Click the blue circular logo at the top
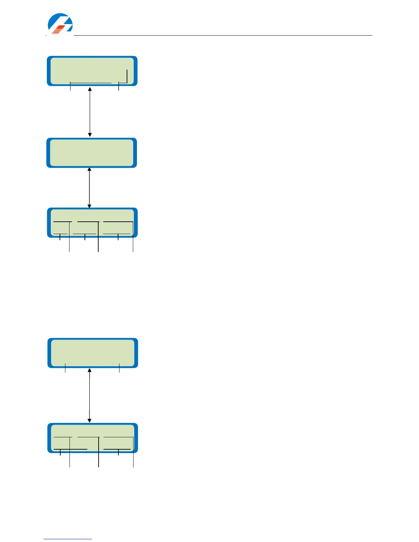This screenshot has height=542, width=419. (x=60, y=24)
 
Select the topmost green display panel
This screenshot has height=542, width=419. (x=92, y=71)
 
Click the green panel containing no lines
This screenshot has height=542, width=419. (x=91, y=153)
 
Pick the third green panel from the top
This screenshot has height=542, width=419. (x=92, y=222)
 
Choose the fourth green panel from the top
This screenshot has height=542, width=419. (x=92, y=353)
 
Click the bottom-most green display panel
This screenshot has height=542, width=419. (x=92, y=438)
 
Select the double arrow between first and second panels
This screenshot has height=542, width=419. (x=90, y=112)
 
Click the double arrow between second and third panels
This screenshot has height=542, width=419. (x=89, y=188)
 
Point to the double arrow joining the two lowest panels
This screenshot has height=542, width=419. (x=89, y=395)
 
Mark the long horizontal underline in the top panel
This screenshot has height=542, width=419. (x=91, y=82)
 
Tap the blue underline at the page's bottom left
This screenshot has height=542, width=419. (x=68, y=539)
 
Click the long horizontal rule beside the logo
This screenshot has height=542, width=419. (x=223, y=35)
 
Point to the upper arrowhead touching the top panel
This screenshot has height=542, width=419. (x=90, y=89)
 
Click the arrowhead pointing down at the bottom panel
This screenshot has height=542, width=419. (x=89, y=421)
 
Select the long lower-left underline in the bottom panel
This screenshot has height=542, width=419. (x=71, y=449)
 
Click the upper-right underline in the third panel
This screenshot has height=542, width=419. (x=118, y=222)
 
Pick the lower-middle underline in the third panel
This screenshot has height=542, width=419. (x=85, y=234)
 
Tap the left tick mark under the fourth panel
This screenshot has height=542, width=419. (x=65, y=369)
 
